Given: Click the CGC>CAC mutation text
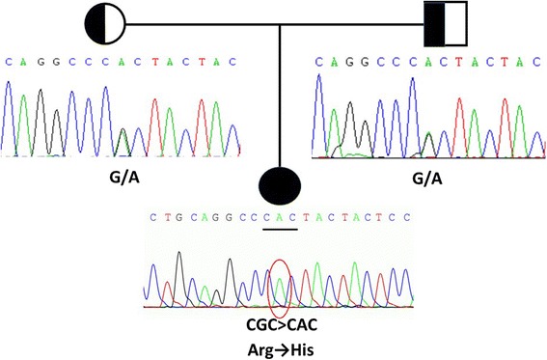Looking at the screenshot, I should (x=280, y=323).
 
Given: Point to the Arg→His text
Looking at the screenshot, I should (x=280, y=346).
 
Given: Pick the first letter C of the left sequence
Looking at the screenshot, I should (x=10, y=62).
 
